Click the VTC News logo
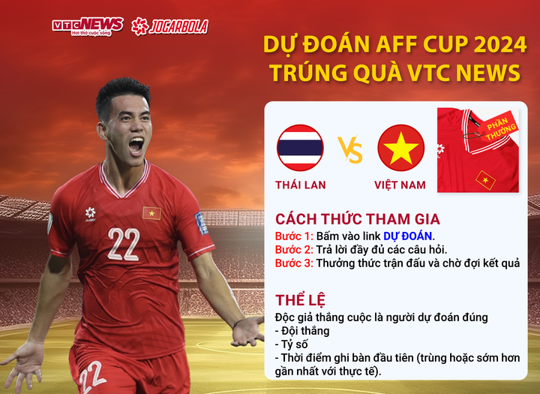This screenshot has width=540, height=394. click(87, 26)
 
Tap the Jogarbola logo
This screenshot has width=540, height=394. click(169, 26)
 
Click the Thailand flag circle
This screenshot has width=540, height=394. click(300, 148)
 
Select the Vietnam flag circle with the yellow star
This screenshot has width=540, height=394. click(400, 148)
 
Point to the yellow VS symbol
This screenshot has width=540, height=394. click(350, 149)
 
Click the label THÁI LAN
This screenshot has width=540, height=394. click(300, 185)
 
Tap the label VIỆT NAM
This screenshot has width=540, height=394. click(400, 185)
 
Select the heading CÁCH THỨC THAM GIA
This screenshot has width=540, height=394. click(357, 219)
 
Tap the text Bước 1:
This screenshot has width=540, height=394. click(293, 236)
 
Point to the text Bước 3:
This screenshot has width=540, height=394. click(293, 263)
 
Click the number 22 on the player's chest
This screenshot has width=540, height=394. click(124, 244)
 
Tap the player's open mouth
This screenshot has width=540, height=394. click(136, 145)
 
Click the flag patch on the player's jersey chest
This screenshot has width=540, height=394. click(151, 213)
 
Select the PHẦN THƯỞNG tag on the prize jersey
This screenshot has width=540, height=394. click(499, 129)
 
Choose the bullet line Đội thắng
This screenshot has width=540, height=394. click(303, 331)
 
